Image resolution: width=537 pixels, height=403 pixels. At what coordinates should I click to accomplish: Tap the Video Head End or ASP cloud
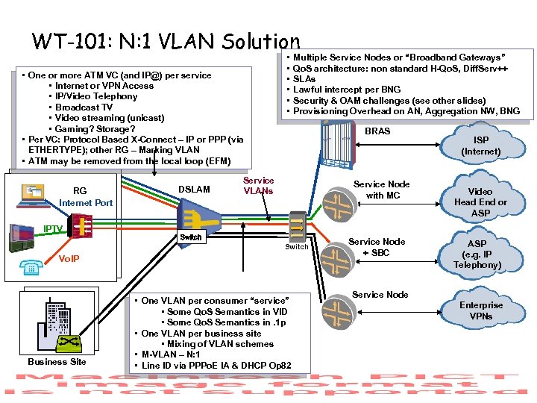coord(480,202)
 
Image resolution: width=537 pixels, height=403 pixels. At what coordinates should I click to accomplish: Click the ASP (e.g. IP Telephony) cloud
coord(477,254)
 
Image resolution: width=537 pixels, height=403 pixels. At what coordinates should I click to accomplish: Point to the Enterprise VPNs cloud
coord(480,310)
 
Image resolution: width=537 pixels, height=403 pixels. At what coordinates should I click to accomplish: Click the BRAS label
coord(377,131)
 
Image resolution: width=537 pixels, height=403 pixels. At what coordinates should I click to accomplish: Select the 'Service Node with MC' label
coord(381,190)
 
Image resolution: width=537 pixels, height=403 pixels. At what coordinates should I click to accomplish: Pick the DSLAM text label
coord(195,190)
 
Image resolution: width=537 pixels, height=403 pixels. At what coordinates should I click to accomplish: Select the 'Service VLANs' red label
coord(258,186)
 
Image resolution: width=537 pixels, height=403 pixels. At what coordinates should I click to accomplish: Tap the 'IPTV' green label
coord(52,228)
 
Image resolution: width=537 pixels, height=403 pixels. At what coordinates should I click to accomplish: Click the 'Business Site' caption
coord(57,361)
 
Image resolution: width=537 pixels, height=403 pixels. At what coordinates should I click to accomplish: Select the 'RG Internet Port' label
coord(86,197)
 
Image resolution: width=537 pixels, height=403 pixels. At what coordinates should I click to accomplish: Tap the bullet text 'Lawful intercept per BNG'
coord(346,90)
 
